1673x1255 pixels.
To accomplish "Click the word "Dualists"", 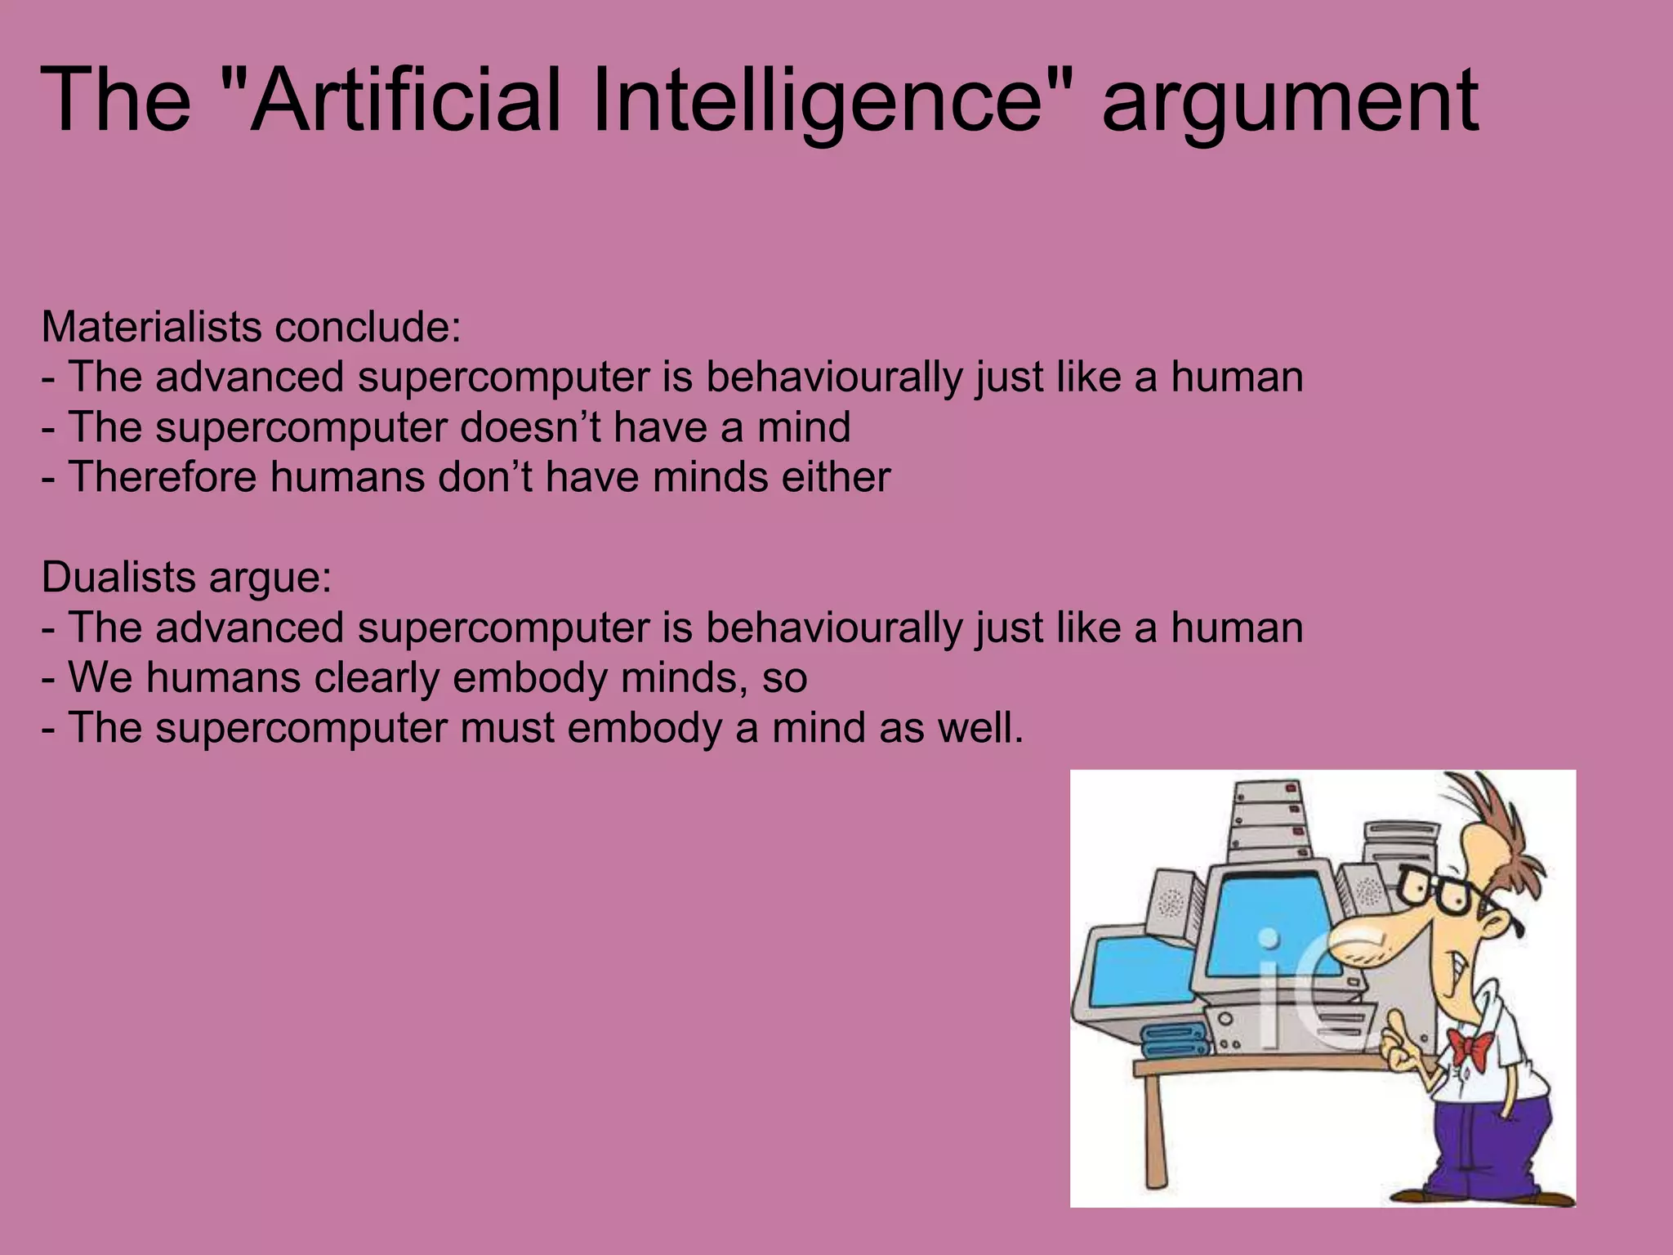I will coord(118,577).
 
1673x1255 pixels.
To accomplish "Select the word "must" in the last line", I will coord(506,727).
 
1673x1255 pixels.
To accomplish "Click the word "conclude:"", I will coord(368,327).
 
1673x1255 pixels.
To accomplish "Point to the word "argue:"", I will coord(270,578).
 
